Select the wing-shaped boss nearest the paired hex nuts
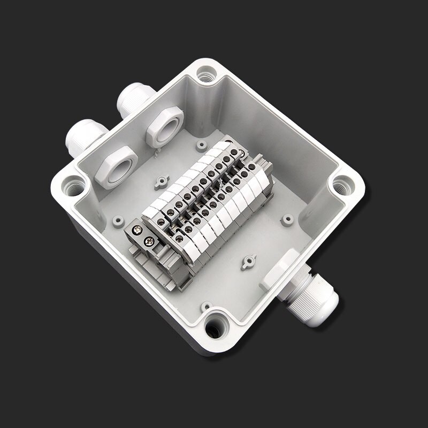click(x=161, y=184)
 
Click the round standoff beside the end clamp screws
click(x=117, y=219)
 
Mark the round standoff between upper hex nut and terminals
click(x=201, y=145)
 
